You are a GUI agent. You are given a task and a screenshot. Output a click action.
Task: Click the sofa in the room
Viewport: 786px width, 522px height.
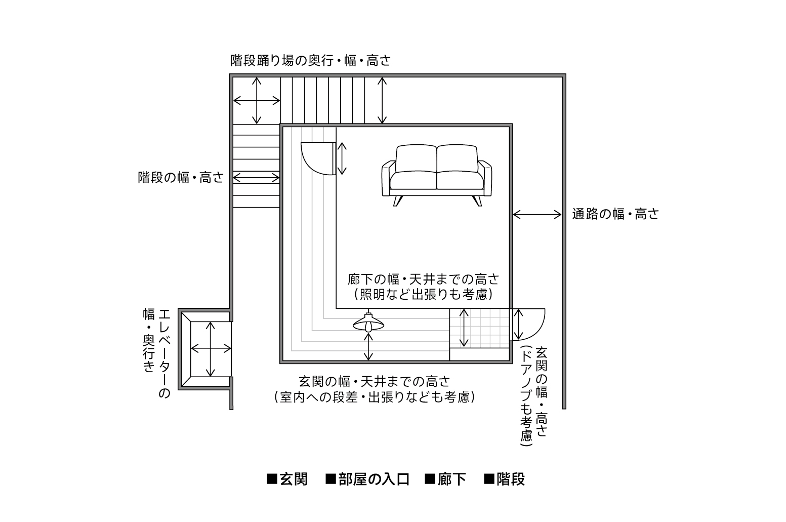[436, 175]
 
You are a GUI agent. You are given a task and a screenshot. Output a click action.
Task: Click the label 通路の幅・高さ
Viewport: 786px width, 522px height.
[615, 214]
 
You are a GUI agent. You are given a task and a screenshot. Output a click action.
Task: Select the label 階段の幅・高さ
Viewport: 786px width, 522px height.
[181, 178]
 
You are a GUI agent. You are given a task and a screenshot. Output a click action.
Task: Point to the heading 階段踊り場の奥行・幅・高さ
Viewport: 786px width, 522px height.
[311, 61]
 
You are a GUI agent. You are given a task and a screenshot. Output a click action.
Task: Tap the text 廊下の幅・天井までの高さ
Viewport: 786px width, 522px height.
[423, 279]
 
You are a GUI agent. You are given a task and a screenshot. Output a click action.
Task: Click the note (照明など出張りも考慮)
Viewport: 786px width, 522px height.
[423, 295]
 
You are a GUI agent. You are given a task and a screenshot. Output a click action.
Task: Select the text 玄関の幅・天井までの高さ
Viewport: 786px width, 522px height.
[375, 382]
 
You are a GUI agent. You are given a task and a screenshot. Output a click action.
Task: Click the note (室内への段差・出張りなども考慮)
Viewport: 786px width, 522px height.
[375, 397]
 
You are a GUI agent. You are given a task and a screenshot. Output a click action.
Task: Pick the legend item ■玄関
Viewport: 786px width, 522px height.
[287, 479]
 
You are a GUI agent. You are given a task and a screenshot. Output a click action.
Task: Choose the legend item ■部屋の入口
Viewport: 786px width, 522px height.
[367, 479]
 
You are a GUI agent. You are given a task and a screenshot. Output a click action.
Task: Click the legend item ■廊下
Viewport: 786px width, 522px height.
[445, 479]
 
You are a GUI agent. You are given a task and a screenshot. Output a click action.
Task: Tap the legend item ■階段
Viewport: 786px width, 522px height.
[504, 479]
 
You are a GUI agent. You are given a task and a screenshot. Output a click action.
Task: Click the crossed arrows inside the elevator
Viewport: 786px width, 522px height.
[211, 349]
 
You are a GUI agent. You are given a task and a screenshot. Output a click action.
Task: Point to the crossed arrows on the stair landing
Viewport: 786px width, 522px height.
[257, 101]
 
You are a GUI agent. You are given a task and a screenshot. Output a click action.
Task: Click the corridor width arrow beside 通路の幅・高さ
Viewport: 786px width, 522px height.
[537, 214]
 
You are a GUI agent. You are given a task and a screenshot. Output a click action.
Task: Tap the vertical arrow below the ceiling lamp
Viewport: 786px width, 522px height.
[368, 347]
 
